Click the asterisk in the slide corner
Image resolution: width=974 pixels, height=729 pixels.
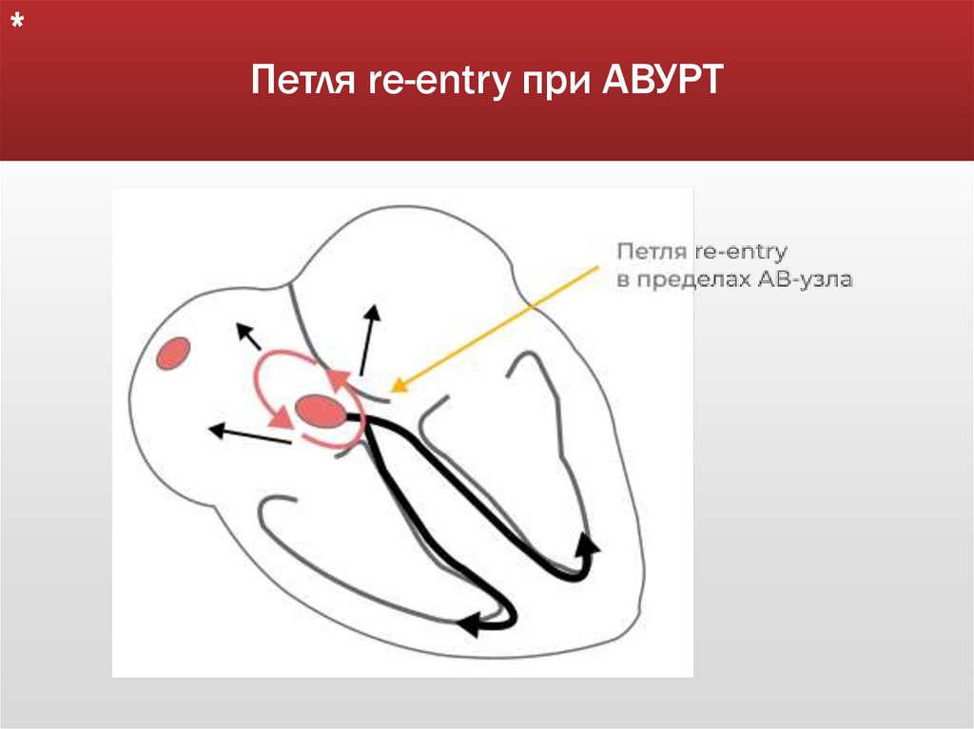[17, 26]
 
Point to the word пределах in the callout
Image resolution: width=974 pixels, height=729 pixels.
[695, 280]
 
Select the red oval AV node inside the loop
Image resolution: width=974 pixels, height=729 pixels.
[321, 412]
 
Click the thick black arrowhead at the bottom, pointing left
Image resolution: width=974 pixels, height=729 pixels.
[467, 623]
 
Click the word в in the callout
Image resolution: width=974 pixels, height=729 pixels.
[623, 280]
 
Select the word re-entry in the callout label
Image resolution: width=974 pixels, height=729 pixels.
[740, 253]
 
